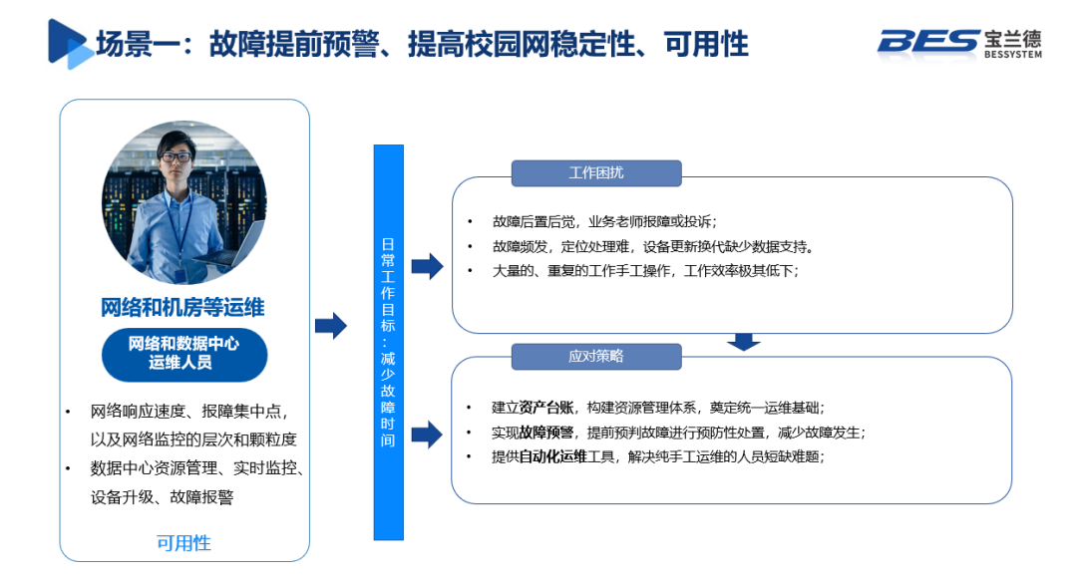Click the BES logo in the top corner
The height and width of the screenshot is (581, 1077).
click(958, 43)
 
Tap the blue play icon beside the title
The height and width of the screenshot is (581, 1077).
click(69, 43)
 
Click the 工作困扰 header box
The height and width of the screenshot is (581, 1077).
click(596, 172)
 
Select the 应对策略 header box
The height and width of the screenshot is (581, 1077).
click(596, 356)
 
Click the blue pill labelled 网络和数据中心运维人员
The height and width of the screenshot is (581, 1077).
click(183, 354)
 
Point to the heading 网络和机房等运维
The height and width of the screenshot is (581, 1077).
click(183, 306)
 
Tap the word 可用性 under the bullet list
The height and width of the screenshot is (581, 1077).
click(183, 543)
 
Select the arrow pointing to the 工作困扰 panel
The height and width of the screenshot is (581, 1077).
click(427, 266)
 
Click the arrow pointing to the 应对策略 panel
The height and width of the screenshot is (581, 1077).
click(427, 434)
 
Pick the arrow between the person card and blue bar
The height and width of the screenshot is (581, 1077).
click(331, 326)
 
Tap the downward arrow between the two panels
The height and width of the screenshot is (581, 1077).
click(743, 342)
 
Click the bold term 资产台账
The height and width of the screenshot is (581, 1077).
click(546, 408)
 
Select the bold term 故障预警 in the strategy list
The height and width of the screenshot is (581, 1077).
click(546, 433)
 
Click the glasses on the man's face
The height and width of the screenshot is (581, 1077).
click(177, 157)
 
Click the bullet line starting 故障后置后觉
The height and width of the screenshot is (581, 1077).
click(604, 221)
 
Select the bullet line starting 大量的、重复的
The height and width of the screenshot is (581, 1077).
click(644, 270)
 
